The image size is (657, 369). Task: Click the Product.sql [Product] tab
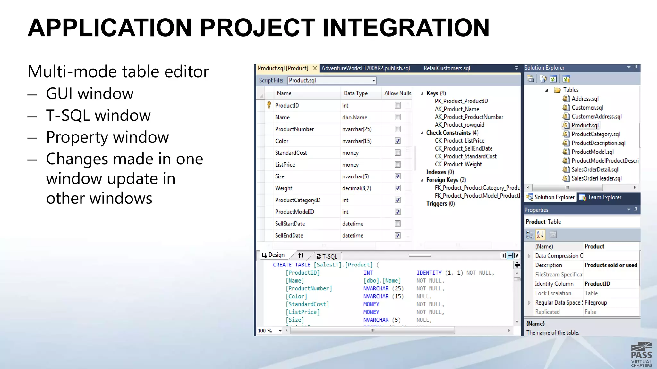pyautogui.click(x=283, y=68)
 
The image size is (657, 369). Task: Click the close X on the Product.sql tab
pyautogui.click(x=315, y=68)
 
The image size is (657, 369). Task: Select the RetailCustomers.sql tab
pyautogui.click(x=447, y=68)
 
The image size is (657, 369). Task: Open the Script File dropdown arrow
pyautogui.click(x=374, y=81)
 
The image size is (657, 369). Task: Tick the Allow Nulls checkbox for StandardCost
pyautogui.click(x=397, y=153)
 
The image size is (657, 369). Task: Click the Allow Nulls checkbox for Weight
pyautogui.click(x=397, y=188)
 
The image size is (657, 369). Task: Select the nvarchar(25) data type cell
pyautogui.click(x=357, y=129)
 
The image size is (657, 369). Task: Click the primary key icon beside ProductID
pyautogui.click(x=269, y=105)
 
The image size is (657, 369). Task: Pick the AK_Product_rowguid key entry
pyautogui.click(x=459, y=125)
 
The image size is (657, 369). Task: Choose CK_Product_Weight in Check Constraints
pyautogui.click(x=458, y=164)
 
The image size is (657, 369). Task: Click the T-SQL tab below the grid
pyautogui.click(x=327, y=256)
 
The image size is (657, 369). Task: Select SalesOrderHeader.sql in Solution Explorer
pyautogui.click(x=596, y=178)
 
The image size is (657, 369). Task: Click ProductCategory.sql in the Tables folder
pyautogui.click(x=595, y=134)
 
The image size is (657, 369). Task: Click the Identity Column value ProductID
pyautogui.click(x=597, y=284)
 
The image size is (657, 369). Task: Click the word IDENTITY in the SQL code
pyautogui.click(x=429, y=273)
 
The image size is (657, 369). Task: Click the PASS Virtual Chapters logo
pyautogui.click(x=641, y=355)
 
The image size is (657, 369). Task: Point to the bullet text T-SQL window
pyautogui.click(x=98, y=115)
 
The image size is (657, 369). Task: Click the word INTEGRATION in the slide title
pyautogui.click(x=406, y=28)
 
